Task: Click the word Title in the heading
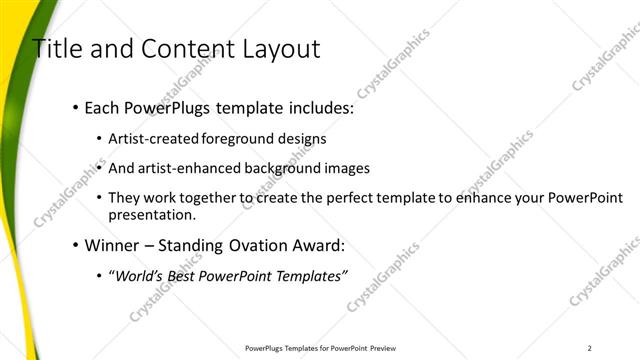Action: click(57, 49)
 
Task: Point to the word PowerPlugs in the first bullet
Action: click(167, 108)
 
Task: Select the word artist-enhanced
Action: click(198, 168)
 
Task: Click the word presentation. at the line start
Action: click(151, 215)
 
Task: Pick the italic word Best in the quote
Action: click(189, 275)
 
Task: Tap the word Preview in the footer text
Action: click(384, 348)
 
